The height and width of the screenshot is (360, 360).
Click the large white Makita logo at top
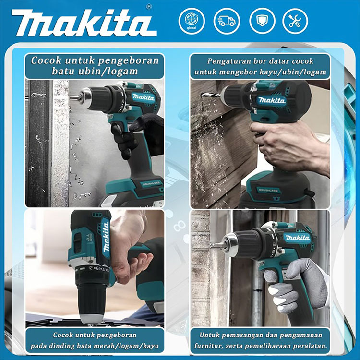click(84, 23)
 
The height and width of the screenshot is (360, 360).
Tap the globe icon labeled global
click(192, 21)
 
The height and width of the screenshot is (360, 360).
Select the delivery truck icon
click(227, 21)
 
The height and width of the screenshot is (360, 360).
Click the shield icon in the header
click(262, 21)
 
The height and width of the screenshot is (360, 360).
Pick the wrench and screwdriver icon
click(295, 21)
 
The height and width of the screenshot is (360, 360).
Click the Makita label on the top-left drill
click(143, 97)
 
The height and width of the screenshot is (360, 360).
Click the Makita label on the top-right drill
click(272, 100)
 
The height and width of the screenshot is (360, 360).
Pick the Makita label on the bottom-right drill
click(298, 238)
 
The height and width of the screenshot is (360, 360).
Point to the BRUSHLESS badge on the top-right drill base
click(268, 191)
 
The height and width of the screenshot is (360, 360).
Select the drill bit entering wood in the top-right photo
click(211, 95)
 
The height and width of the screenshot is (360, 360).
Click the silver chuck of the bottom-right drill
click(231, 244)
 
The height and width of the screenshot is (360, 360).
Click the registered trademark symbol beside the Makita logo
click(149, 7)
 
